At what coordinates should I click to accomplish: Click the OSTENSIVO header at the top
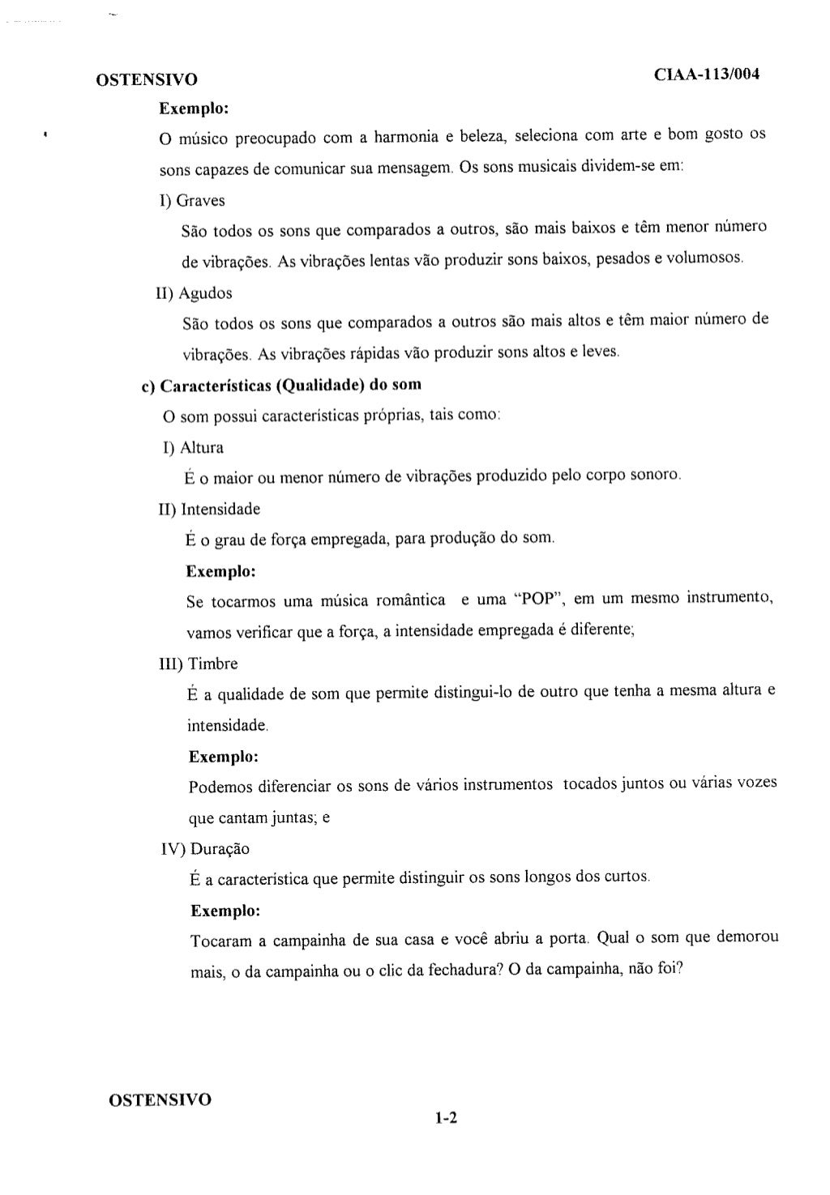click(146, 80)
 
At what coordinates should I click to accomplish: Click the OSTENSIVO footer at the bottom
click(160, 1099)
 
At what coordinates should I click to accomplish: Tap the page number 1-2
click(446, 1119)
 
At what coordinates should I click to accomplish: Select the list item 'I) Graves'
click(192, 200)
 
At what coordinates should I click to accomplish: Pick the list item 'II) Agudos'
click(195, 292)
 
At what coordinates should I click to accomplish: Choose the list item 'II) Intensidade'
click(209, 510)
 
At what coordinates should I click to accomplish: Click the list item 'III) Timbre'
click(199, 664)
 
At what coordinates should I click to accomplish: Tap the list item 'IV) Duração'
click(205, 849)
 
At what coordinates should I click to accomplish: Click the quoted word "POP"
click(537, 600)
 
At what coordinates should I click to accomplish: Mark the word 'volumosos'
click(703, 258)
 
